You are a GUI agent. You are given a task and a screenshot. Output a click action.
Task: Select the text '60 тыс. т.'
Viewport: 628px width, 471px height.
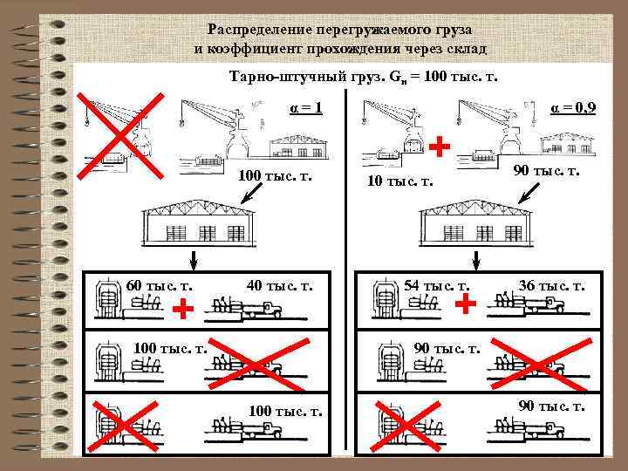[160, 285]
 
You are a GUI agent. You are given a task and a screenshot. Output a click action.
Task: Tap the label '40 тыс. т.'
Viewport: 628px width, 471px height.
[279, 285]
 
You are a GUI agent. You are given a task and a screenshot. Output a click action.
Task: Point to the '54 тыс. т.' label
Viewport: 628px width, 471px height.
[437, 285]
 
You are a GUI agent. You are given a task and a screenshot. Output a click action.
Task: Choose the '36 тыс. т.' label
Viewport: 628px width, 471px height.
[552, 285]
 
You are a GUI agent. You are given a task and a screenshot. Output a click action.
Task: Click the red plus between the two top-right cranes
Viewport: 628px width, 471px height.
[442, 146]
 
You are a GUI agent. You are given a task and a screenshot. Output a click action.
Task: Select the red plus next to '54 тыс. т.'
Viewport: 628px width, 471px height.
[467, 303]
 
